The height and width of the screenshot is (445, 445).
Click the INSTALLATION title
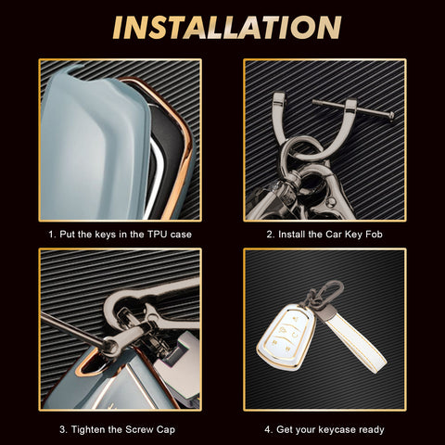tap(227, 27)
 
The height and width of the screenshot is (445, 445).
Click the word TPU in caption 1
tap(158, 235)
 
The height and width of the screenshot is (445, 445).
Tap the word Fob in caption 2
tap(374, 235)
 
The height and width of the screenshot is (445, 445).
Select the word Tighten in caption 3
tap(88, 429)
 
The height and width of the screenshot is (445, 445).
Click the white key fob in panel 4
tap(286, 337)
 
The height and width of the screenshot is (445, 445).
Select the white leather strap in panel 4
tap(355, 340)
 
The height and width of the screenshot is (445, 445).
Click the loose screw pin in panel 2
tap(353, 108)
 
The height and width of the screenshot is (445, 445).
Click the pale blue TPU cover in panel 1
tap(93, 146)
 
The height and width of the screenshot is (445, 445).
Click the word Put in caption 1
tap(67, 235)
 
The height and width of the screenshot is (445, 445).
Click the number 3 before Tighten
tap(63, 429)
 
